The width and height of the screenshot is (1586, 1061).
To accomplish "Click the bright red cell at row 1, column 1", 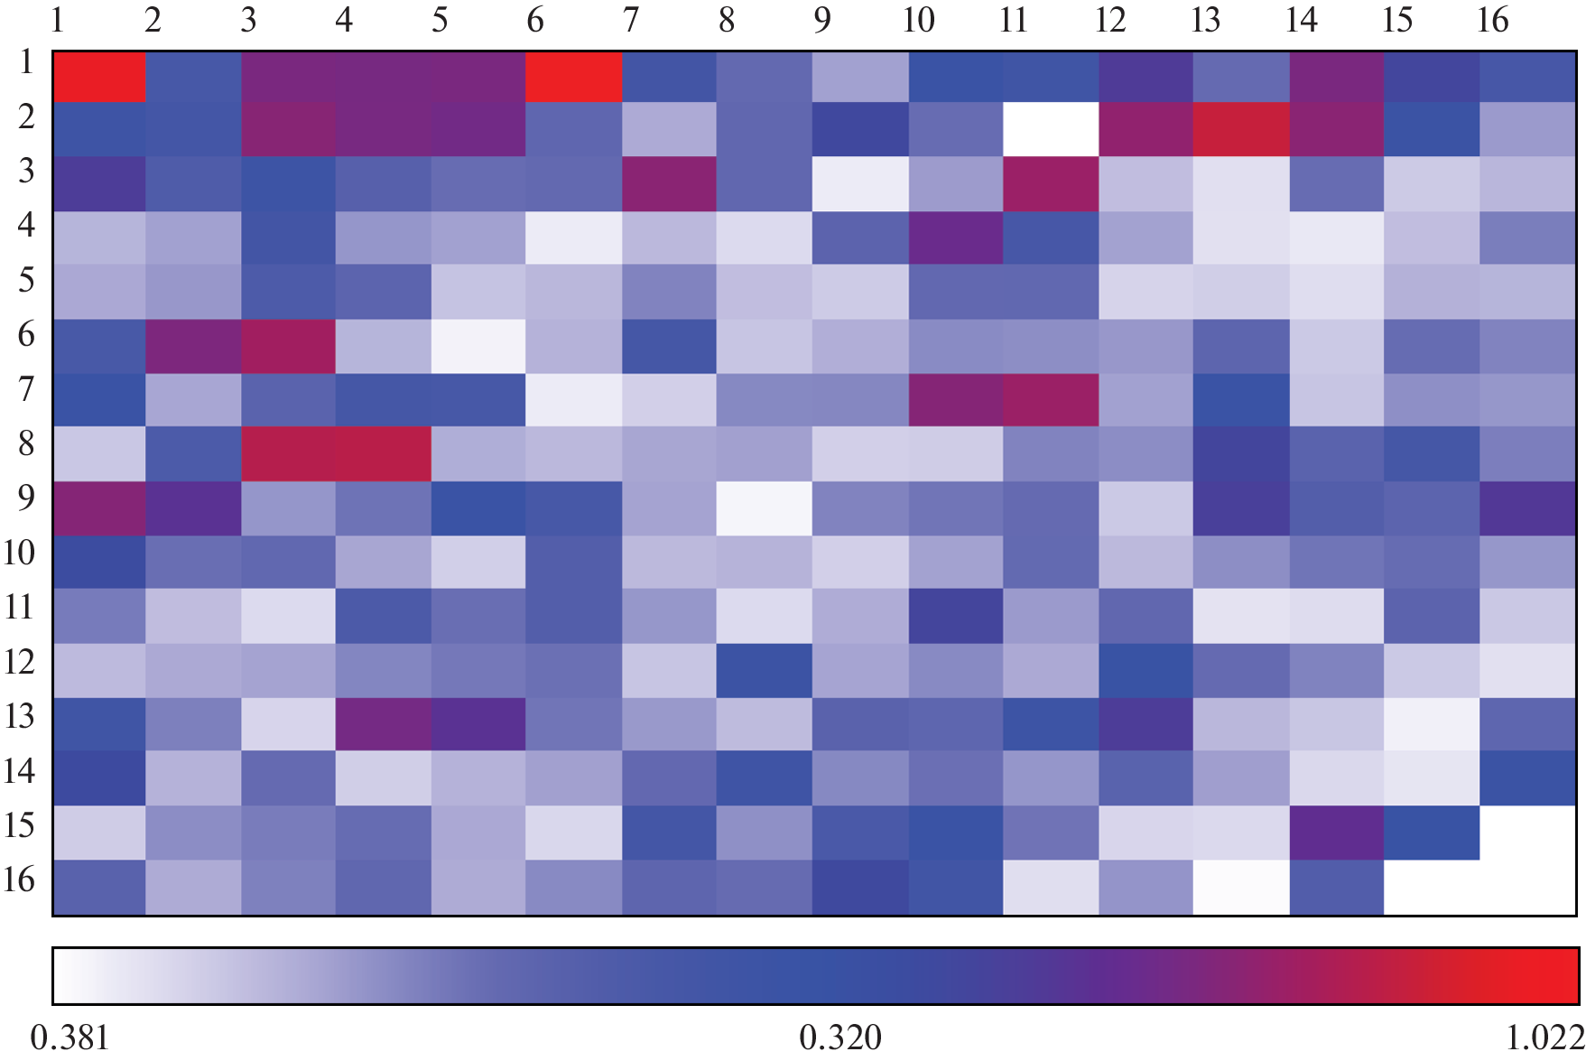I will (x=99, y=77).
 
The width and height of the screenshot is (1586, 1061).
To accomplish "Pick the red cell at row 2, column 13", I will (x=1241, y=130).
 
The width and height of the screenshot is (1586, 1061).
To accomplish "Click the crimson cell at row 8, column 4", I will (x=385, y=454).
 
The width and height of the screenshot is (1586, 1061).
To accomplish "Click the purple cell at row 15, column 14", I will (x=1336, y=833).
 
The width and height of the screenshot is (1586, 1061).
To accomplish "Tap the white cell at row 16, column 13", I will (x=1241, y=887).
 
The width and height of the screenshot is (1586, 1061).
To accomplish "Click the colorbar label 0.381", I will (x=70, y=1038).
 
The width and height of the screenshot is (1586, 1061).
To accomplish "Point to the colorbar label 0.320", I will (x=839, y=1038).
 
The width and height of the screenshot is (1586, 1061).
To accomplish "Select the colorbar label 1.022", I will (x=1544, y=1038).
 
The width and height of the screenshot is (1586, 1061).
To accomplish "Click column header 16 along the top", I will (x=1491, y=20).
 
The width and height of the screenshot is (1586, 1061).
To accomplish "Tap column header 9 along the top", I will (x=821, y=20).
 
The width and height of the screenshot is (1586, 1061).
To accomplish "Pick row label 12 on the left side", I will (x=20, y=662).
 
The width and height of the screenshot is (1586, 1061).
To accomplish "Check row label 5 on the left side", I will (x=26, y=280).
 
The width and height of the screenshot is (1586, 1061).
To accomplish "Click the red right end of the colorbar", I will (x=1557, y=976).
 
